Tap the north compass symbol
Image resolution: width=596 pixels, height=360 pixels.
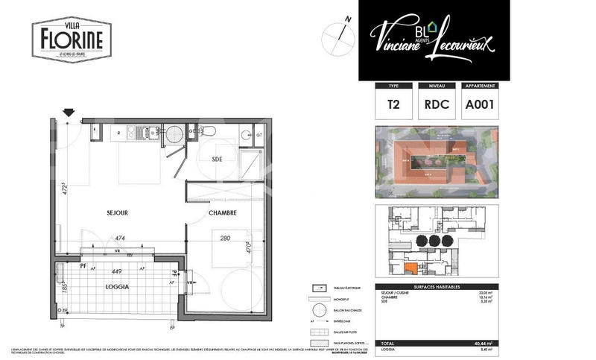[x=337, y=35]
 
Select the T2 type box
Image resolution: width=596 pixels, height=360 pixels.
[x=394, y=105]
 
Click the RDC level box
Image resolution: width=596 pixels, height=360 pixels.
[x=437, y=105]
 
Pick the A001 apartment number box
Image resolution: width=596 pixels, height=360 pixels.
[x=480, y=105]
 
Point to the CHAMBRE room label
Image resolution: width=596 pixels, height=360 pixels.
[x=222, y=213]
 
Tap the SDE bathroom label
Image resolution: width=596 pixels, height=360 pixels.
[x=218, y=160]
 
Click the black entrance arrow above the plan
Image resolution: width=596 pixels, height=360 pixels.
[x=69, y=113]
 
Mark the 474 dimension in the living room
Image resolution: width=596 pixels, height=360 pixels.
[x=119, y=239]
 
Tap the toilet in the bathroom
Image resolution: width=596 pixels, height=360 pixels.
[x=210, y=132]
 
